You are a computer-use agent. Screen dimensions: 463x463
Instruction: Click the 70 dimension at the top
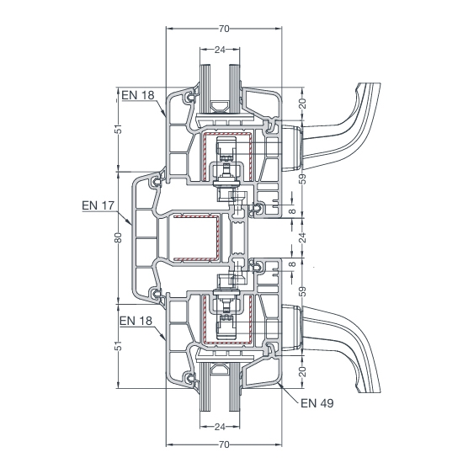pyautogui.click(x=224, y=29)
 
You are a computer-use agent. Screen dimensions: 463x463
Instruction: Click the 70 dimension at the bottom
pyautogui.click(x=224, y=444)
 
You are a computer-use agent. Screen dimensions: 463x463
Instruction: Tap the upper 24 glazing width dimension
pyautogui.click(x=220, y=50)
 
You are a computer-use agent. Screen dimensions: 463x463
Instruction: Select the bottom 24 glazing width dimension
pyautogui.click(x=220, y=427)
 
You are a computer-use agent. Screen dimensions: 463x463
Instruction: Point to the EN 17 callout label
pyautogui.click(x=98, y=205)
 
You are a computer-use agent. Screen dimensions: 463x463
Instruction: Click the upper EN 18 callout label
pyautogui.click(x=138, y=95)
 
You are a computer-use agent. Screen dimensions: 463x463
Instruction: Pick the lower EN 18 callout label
pyautogui.click(x=136, y=321)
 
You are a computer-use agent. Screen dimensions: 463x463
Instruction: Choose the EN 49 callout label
pyautogui.click(x=317, y=403)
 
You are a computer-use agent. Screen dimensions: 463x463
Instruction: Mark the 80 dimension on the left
pyautogui.click(x=118, y=237)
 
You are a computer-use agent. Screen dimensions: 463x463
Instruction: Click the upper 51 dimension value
pyautogui.click(x=118, y=129)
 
